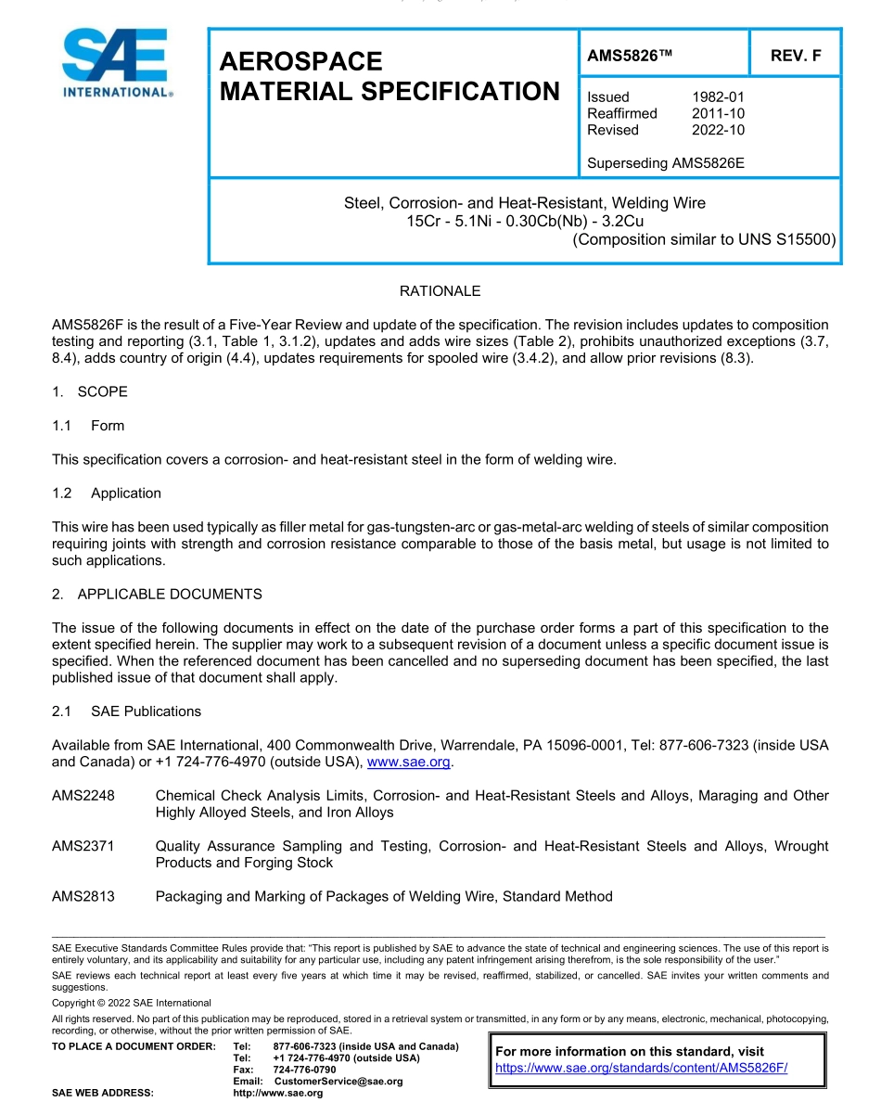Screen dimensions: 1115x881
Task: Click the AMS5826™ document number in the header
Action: (x=629, y=56)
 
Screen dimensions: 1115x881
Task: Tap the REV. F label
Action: (x=796, y=56)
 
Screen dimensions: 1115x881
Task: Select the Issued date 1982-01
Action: (x=718, y=96)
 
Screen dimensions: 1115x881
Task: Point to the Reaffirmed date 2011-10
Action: (x=718, y=113)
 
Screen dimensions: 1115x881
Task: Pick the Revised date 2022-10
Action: (x=718, y=130)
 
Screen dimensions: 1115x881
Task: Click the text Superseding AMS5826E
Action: (x=666, y=163)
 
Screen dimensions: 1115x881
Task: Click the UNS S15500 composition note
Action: (x=704, y=239)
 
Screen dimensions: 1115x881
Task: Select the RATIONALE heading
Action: (x=440, y=291)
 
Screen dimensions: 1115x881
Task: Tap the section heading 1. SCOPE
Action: (x=90, y=391)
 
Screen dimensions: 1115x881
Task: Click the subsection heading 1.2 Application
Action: (x=107, y=493)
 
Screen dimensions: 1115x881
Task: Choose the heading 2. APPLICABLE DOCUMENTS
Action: (x=157, y=594)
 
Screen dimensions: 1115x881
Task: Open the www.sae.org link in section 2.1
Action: (x=409, y=763)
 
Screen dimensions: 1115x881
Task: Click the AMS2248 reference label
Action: (x=83, y=796)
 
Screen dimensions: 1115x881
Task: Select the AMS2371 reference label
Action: (x=83, y=846)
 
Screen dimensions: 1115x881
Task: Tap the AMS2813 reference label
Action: (x=83, y=896)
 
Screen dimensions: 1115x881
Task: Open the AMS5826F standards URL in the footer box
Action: (x=641, y=1068)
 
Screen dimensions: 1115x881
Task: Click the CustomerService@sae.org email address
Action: (x=338, y=1082)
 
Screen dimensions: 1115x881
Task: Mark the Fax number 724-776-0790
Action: (x=304, y=1070)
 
